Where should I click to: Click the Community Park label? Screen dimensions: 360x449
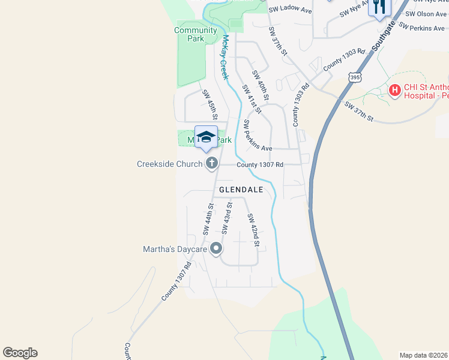196,35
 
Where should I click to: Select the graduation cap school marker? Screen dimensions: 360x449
206,137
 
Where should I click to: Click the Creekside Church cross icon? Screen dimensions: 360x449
211,163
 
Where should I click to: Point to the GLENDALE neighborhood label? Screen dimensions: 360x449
241,190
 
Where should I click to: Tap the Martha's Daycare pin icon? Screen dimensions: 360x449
216,249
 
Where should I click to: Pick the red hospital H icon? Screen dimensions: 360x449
395,91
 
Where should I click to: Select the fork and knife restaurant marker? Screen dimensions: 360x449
379,7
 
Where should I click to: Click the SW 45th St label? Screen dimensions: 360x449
209,104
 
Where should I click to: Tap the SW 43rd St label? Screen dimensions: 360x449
227,218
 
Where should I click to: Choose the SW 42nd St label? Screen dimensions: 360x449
253,230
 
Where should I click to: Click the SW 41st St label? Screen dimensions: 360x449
252,98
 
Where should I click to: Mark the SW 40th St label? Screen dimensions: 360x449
261,85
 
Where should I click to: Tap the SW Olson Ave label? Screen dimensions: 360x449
426,14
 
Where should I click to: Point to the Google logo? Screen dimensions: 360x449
20,353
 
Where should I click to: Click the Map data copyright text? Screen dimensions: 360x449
423,355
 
